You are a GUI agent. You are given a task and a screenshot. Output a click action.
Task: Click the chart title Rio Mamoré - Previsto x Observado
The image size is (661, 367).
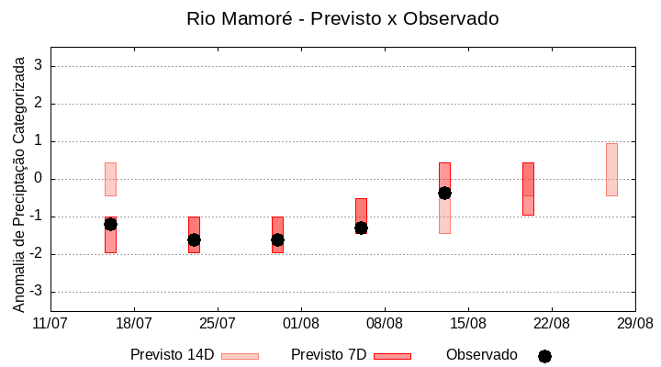pyautogui.click(x=342, y=18)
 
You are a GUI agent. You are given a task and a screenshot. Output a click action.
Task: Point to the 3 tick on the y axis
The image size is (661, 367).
pyautogui.click(x=39, y=66)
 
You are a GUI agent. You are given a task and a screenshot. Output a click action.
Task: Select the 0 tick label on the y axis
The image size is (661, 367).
pyautogui.click(x=39, y=179)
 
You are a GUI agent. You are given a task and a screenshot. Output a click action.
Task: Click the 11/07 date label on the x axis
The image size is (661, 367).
pyautogui.click(x=50, y=323)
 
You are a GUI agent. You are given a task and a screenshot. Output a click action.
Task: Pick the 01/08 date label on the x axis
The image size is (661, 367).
pyautogui.click(x=301, y=323)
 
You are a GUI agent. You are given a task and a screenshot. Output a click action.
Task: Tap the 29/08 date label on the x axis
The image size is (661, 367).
pyautogui.click(x=634, y=323)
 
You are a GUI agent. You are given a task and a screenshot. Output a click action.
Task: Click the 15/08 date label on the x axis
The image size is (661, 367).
pyautogui.click(x=468, y=323)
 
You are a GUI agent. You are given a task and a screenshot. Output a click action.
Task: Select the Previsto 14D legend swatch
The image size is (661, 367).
pyautogui.click(x=240, y=356)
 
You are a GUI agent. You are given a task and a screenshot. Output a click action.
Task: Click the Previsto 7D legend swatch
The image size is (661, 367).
pyautogui.click(x=392, y=356)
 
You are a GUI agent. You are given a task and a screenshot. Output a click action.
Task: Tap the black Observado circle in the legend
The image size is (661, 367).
pyautogui.click(x=544, y=356)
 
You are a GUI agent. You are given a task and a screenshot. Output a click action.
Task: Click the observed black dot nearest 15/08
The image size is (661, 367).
pyautogui.click(x=444, y=193)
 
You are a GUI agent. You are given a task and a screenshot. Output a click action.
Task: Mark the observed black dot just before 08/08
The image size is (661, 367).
pyautogui.click(x=361, y=228)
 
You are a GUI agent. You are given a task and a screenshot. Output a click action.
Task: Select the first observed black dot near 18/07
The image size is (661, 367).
pyautogui.click(x=110, y=224)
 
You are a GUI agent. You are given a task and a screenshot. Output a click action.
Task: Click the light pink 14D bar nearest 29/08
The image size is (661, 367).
pyautogui.click(x=611, y=170)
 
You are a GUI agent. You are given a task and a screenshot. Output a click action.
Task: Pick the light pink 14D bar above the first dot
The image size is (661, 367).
pyautogui.click(x=110, y=179)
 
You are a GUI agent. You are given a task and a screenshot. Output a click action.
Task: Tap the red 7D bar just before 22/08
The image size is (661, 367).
pyautogui.click(x=528, y=188)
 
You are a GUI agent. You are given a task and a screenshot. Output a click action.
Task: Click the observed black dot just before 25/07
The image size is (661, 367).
pyautogui.click(x=194, y=239)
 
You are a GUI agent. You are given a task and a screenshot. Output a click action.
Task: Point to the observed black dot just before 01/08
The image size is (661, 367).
pyautogui.click(x=277, y=239)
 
